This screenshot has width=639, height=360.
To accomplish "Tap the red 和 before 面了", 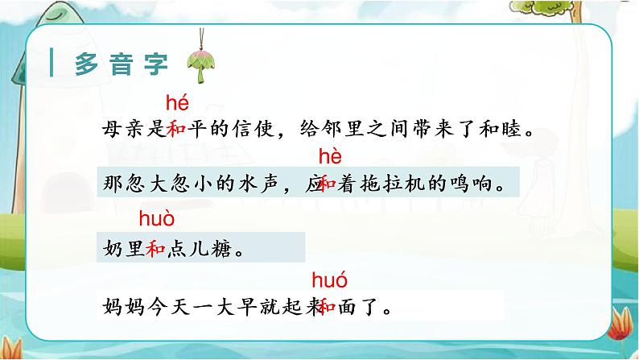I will point(328,306).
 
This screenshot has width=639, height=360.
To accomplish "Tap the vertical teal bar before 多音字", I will point(52,64).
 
